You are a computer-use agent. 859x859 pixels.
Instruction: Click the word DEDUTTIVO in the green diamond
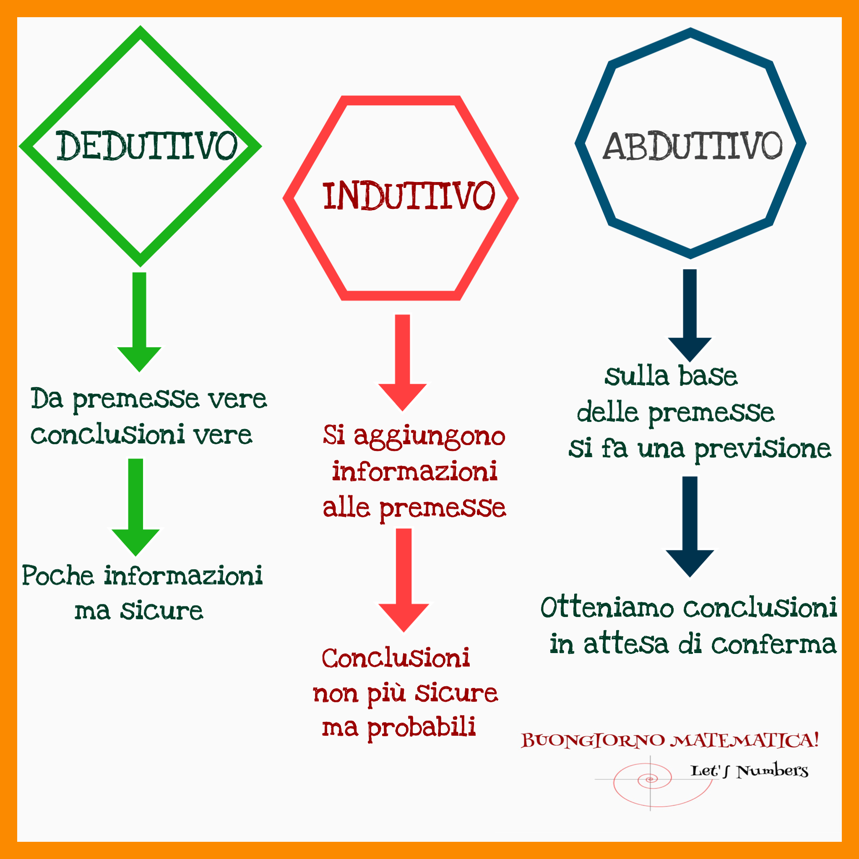coord(147,146)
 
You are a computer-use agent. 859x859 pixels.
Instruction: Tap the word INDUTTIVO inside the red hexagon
coord(409,195)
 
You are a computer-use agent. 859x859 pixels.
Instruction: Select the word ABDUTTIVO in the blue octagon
coord(692,146)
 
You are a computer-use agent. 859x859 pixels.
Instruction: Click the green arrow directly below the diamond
coord(139,322)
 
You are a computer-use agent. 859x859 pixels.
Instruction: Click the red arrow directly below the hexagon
coord(402,363)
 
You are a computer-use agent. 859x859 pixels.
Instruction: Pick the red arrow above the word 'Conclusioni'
coord(404,580)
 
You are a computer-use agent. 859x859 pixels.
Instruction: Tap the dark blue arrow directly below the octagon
coord(690,315)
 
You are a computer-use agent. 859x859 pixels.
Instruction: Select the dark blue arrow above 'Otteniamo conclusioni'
coord(690,527)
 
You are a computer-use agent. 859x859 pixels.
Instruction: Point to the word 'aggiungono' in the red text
coord(429,436)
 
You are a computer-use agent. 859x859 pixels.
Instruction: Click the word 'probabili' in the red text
coord(422,728)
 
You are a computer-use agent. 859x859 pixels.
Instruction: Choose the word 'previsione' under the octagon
coord(763,450)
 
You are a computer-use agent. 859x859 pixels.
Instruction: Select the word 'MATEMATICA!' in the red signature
coord(745,740)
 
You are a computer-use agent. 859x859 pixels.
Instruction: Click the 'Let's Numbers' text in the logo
coord(749,770)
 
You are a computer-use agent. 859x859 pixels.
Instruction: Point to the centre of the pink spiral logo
coord(651,779)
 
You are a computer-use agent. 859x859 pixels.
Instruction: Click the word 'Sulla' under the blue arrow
coord(637,376)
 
